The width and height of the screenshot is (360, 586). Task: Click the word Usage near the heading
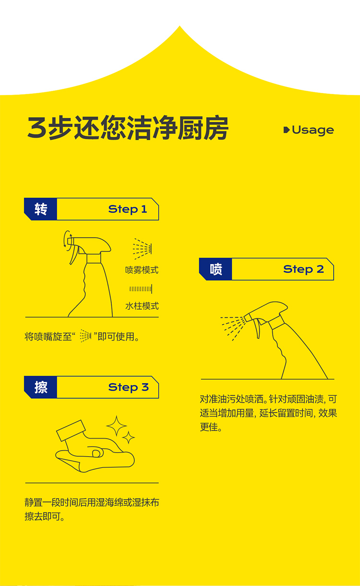pyautogui.click(x=312, y=130)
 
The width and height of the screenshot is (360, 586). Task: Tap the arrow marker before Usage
pyautogui.click(x=287, y=130)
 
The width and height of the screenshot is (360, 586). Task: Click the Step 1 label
pyautogui.click(x=128, y=209)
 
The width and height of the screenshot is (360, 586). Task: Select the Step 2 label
pyautogui.click(x=303, y=269)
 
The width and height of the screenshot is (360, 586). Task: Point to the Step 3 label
pyautogui.click(x=128, y=388)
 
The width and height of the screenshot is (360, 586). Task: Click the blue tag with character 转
pyautogui.click(x=40, y=209)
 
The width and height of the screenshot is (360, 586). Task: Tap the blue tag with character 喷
pyautogui.click(x=216, y=269)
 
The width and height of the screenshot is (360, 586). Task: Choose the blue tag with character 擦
pyautogui.click(x=40, y=387)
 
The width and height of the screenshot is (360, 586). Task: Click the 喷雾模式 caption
pyautogui.click(x=142, y=270)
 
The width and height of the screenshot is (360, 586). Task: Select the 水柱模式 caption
pyautogui.click(x=142, y=306)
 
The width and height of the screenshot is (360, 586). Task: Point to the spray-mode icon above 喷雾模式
pyautogui.click(x=143, y=248)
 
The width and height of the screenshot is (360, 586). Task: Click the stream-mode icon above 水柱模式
pyautogui.click(x=141, y=289)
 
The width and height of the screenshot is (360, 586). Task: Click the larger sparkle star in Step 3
pyautogui.click(x=116, y=426)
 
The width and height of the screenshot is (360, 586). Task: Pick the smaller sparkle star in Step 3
pyautogui.click(x=128, y=437)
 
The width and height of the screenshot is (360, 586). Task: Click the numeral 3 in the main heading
pyautogui.click(x=37, y=128)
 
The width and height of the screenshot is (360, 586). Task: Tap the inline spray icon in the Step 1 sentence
pyautogui.click(x=85, y=336)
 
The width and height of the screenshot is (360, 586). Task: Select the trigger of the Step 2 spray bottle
pyautogui.click(x=258, y=329)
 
